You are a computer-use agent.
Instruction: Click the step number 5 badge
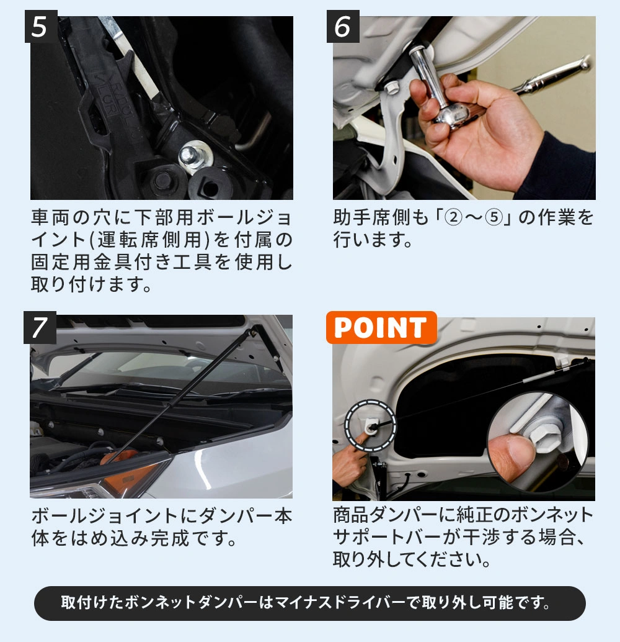41,26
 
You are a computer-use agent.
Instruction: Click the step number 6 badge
343,26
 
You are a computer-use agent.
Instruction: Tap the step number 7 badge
40,328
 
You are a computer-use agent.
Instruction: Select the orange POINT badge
381,328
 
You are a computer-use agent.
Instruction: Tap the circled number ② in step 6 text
453,217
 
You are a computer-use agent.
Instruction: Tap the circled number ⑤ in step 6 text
494,217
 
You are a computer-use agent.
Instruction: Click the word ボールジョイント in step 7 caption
105,516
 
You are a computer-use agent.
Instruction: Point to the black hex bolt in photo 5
163,180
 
